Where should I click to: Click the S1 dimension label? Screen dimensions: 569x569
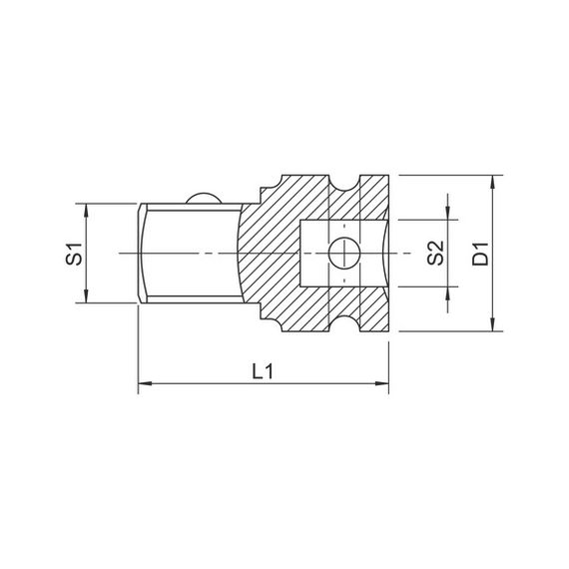point(74,254)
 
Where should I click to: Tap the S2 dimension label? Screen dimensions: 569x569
point(435,253)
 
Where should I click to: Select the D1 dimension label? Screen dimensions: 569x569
point(480,253)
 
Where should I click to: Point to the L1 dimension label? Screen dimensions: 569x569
point(263,371)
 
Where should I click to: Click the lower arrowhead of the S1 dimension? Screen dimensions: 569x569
point(86,295)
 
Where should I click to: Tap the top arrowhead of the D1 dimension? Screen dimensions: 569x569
point(492,182)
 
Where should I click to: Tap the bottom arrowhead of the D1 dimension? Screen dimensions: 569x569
point(492,324)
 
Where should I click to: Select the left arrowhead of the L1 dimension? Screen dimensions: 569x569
point(145,383)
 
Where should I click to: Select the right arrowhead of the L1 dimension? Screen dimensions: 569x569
point(381,383)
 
